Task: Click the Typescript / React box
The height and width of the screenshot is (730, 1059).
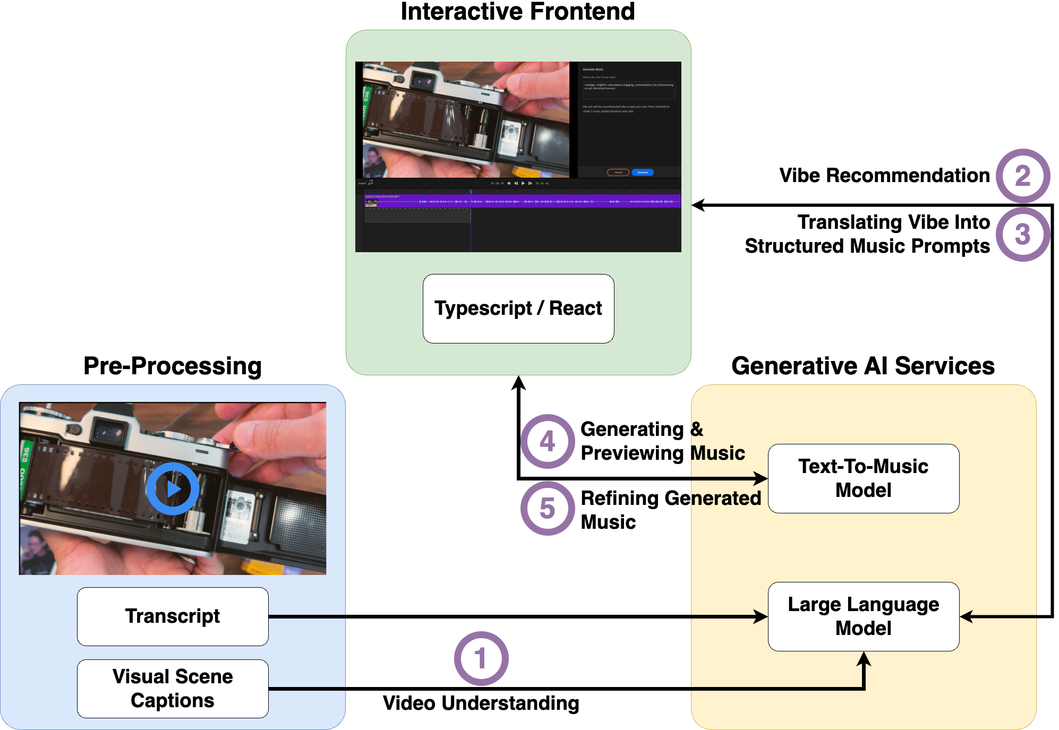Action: coord(518,308)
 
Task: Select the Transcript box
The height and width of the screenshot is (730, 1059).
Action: coord(173,616)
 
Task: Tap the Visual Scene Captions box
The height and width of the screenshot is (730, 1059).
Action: coord(173,689)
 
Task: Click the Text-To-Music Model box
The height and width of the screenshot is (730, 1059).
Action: coord(864,478)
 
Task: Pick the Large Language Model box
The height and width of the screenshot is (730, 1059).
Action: coord(864,616)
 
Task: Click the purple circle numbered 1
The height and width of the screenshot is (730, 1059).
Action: coord(481,658)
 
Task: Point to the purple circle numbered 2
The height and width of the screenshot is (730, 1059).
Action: coord(1022,176)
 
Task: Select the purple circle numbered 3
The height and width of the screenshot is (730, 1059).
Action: coord(1022,234)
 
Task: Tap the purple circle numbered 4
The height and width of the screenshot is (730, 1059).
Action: coord(548,441)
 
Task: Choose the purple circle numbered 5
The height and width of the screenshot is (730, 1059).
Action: coord(548,508)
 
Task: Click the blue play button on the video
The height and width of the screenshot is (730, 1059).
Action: coord(173,488)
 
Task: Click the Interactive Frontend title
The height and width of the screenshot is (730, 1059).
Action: coord(518,12)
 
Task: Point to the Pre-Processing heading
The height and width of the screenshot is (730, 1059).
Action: coord(173,366)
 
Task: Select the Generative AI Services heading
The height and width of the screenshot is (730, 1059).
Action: coord(863,366)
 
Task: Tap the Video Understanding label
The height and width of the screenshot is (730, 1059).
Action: coord(481,703)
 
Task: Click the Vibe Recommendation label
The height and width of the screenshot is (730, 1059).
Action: coord(884,175)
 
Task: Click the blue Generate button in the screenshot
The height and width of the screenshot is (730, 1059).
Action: coord(643,173)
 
